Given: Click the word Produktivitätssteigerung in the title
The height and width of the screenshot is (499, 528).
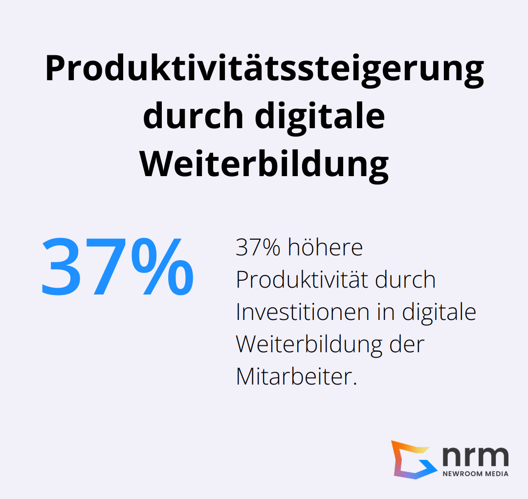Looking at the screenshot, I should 264,69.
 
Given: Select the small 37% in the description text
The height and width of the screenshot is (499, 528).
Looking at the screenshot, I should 258,248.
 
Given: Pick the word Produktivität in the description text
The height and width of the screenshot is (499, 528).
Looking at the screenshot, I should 303,280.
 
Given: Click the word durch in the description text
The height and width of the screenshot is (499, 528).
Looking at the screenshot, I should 406,280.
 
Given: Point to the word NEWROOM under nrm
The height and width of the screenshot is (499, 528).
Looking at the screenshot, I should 462,474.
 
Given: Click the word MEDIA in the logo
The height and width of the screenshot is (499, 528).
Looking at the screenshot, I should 496,474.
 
